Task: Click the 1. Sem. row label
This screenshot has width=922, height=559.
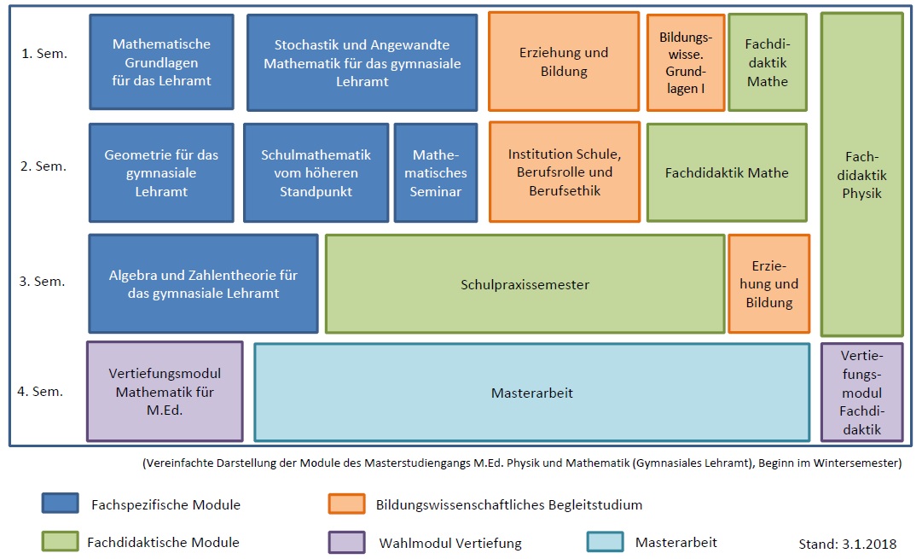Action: [44, 54]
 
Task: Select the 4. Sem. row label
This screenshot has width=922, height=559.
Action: [40, 391]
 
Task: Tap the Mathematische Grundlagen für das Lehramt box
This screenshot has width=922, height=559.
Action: [162, 61]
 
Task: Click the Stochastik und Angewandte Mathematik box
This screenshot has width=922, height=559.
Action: [362, 62]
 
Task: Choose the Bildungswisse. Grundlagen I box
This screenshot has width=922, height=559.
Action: [686, 62]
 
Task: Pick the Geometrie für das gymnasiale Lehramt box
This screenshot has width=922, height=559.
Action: [162, 172]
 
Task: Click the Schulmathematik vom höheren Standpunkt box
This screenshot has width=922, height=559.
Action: [316, 172]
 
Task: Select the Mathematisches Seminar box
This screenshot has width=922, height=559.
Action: [436, 172]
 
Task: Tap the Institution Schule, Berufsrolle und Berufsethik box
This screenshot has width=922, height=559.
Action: [565, 172]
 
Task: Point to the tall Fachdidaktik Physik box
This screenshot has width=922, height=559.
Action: [862, 175]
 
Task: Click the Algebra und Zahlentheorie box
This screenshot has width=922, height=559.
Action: [204, 283]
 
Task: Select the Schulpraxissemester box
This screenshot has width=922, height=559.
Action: [525, 284]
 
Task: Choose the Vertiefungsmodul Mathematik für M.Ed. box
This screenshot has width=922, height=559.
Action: [165, 391]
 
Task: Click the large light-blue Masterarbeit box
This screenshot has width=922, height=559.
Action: [532, 393]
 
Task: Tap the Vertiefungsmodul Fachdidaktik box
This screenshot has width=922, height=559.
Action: [862, 393]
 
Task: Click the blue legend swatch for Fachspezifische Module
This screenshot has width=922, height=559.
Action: [60, 504]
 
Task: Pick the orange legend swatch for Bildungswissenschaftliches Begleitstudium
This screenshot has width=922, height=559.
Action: [347, 504]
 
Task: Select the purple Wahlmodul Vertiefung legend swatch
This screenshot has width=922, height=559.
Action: [347, 542]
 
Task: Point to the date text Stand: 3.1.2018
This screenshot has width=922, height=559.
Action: [847, 544]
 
